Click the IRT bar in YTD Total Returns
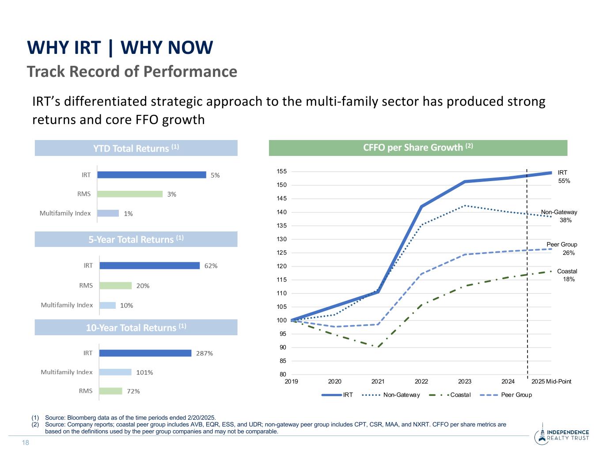152,175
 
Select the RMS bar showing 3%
130,194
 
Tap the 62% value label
211,266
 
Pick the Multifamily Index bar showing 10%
108,305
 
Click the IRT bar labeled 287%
145,353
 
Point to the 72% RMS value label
133,391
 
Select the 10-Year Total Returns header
136,327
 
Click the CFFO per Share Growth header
418,148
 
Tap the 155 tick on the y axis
282,171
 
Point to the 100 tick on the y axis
282,320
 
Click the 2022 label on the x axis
421,382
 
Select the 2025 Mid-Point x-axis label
551,382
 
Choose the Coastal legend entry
460,395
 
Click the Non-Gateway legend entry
401,395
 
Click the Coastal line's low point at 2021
378,347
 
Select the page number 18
26,443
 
